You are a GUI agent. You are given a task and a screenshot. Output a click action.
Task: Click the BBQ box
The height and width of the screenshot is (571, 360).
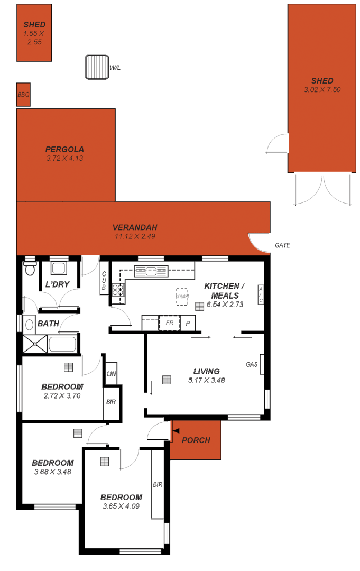click(23, 95)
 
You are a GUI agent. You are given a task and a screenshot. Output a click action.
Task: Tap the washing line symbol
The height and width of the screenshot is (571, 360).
click(97, 67)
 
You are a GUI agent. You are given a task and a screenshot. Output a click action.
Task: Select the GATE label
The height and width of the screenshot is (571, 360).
click(282, 245)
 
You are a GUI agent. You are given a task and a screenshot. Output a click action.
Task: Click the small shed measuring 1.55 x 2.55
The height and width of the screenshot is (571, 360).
click(34, 33)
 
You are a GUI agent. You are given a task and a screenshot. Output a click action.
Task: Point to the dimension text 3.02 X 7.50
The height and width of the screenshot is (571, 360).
click(322, 90)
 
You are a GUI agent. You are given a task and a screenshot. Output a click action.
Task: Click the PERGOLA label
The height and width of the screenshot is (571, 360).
click(64, 149)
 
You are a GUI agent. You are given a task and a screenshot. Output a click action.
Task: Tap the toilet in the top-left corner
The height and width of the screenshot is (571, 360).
click(30, 269)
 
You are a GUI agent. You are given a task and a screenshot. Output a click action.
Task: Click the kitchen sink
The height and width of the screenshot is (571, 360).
click(151, 271)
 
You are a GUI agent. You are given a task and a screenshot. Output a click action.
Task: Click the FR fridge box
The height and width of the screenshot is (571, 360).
click(170, 323)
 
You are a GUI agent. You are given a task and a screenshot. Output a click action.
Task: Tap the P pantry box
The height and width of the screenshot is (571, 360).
click(188, 323)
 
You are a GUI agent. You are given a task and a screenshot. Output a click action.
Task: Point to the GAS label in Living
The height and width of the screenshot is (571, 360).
click(252, 364)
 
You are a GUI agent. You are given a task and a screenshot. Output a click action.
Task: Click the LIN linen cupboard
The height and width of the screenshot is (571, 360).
click(111, 374)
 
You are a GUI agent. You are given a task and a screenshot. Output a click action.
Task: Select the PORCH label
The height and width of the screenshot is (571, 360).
click(196, 440)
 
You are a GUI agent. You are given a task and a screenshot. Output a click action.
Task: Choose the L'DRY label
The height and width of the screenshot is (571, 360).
click(58, 284)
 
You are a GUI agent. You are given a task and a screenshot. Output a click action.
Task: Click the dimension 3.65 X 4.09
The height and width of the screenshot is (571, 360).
click(121, 506)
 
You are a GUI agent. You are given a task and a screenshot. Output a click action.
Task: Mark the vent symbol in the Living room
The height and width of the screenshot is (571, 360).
click(167, 380)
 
